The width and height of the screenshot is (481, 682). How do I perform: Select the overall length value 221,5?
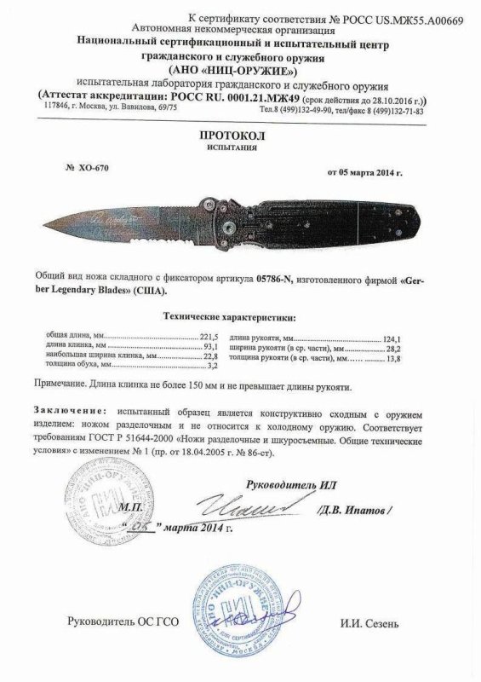click(x=197, y=338)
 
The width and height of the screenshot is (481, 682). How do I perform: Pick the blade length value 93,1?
click(x=198, y=348)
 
